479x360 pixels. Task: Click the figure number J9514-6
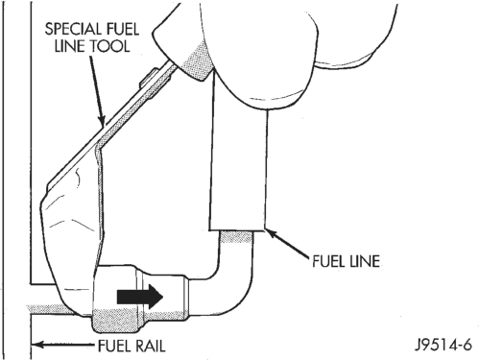click(x=443, y=346)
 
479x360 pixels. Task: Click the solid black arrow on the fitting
click(x=140, y=297)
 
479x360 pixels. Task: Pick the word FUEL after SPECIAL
click(x=122, y=30)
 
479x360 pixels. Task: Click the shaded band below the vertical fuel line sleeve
click(x=237, y=237)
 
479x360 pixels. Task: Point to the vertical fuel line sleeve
click(x=238, y=166)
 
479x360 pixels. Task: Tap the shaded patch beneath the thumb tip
click(x=196, y=62)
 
